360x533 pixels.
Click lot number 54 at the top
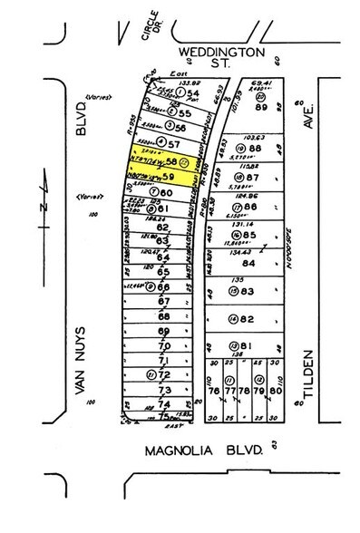pyautogui.click(x=193, y=93)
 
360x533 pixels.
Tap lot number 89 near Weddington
pyautogui.click(x=267, y=106)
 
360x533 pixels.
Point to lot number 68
pyautogui.click(x=164, y=316)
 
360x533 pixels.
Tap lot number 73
pyautogui.click(x=165, y=389)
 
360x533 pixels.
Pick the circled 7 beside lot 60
pyautogui.click(x=155, y=192)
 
